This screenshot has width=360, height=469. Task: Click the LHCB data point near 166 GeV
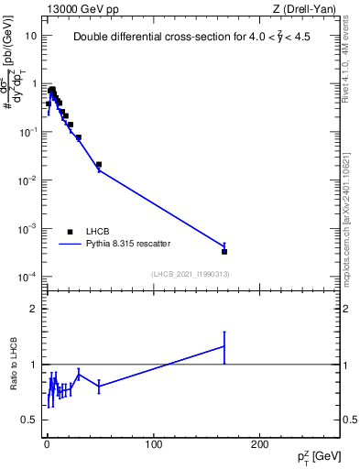224,251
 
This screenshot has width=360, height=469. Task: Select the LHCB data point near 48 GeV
99,165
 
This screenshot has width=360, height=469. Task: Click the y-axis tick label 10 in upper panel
30,36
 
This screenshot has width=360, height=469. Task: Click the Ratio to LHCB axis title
14,365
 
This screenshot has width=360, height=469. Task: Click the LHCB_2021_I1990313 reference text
189,273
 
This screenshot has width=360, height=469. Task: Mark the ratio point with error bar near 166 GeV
224,345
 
